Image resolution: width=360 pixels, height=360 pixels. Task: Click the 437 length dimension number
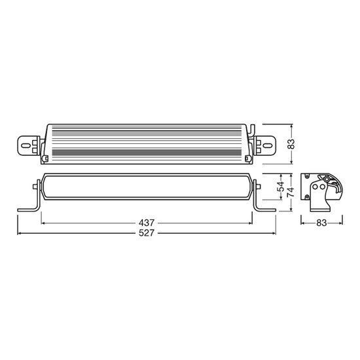pyautogui.click(x=147, y=223)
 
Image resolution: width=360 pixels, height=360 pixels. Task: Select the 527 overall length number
pyautogui.click(x=147, y=233)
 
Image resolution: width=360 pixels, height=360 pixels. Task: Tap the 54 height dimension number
pyautogui.click(x=280, y=187)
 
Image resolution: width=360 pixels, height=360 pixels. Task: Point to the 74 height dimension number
pyautogui.click(x=291, y=193)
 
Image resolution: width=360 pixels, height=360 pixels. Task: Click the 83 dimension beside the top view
pyautogui.click(x=291, y=144)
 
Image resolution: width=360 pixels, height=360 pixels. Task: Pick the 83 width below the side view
pyautogui.click(x=321, y=223)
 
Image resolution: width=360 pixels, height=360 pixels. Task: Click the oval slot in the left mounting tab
pyautogui.click(x=26, y=145)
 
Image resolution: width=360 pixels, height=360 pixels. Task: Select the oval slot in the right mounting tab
pyautogui.click(x=267, y=145)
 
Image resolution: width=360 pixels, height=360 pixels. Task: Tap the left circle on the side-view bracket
pyautogui.click(x=315, y=187)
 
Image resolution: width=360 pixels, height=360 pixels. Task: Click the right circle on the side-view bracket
pyautogui.click(x=323, y=187)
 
